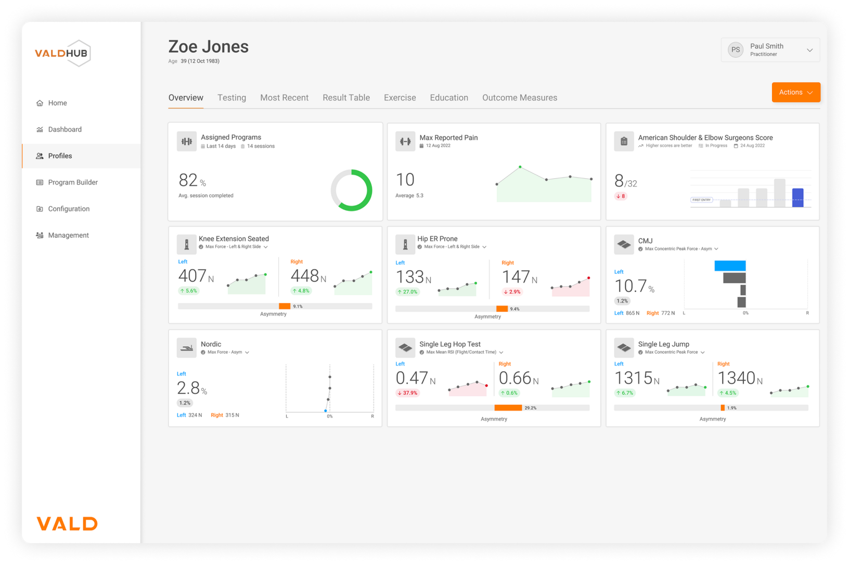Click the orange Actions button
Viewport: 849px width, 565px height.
tap(795, 92)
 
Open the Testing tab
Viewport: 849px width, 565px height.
tap(231, 97)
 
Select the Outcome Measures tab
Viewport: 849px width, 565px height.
tap(520, 97)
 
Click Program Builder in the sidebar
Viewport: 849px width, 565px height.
tap(73, 182)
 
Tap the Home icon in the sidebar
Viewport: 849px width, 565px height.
tap(40, 103)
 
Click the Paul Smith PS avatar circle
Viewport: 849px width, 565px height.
tap(736, 49)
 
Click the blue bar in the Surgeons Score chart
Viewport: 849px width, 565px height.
tap(797, 197)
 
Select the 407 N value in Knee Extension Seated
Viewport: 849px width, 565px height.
tap(196, 276)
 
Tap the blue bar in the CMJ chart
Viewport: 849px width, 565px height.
tap(729, 266)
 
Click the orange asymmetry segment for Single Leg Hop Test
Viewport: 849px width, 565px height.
tap(508, 408)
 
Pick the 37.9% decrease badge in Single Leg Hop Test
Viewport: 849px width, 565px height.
tap(407, 393)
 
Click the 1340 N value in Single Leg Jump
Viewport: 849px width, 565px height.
tap(740, 378)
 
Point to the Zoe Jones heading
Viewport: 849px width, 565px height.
tap(209, 47)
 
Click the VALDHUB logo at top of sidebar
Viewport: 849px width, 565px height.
tap(63, 53)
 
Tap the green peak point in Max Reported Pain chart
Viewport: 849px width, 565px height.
tap(520, 167)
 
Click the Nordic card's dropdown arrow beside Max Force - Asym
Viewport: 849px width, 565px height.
tap(247, 353)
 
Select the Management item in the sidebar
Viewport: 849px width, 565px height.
tap(68, 235)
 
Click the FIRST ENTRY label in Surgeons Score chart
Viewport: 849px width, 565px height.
tap(701, 199)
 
